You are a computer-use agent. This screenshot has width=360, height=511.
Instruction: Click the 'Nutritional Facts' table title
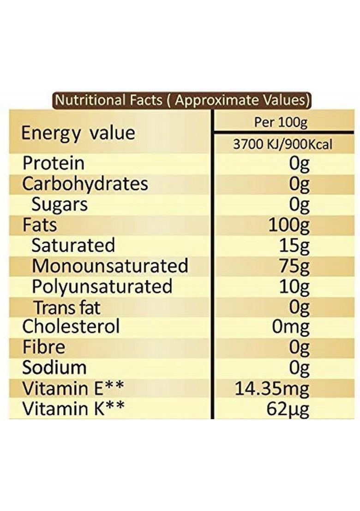click(x=182, y=100)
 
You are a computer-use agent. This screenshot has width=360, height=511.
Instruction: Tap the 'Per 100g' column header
click(x=281, y=123)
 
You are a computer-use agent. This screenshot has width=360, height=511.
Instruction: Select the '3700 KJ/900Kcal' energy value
click(x=282, y=145)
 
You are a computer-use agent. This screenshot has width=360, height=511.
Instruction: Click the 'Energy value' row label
click(x=78, y=133)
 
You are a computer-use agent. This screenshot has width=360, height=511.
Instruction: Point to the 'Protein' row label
click(x=54, y=163)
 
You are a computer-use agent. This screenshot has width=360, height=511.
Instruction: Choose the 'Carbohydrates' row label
click(x=85, y=184)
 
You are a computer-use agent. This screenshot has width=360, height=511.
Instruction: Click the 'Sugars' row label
click(x=60, y=204)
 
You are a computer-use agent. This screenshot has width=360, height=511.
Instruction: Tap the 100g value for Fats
click(x=288, y=226)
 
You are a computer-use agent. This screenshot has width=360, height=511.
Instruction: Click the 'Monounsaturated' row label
click(x=110, y=266)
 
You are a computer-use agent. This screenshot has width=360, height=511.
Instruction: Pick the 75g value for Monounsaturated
click(x=294, y=266)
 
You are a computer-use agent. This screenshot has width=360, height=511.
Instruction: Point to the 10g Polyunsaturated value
click(x=294, y=287)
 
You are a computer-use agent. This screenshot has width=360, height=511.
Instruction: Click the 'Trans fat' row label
click(x=67, y=307)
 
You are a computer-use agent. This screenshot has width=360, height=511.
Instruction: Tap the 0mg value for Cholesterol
click(x=290, y=327)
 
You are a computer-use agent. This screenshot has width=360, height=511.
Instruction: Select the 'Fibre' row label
click(x=44, y=347)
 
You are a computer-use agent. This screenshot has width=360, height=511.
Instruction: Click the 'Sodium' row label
click(x=54, y=368)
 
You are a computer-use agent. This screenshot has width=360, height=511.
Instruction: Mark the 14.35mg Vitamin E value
click(x=272, y=388)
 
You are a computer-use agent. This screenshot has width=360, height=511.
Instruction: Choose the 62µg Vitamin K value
click(x=287, y=409)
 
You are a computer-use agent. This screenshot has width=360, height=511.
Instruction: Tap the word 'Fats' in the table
click(x=40, y=225)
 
